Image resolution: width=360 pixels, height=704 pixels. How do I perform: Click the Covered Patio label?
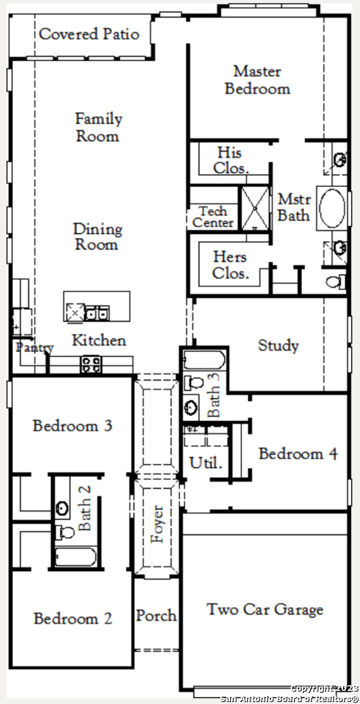(x=89, y=35)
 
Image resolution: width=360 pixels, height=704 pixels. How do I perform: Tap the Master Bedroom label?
(x=257, y=80)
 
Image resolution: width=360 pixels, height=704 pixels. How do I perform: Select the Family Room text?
(x=98, y=127)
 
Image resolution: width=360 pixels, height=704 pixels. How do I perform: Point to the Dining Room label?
(x=98, y=237)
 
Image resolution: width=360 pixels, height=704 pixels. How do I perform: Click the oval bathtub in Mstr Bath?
(x=333, y=209)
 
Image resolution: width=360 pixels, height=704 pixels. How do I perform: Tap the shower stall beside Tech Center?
(x=255, y=209)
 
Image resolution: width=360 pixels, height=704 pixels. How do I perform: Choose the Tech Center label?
(x=213, y=217)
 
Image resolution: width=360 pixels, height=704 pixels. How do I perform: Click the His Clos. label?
(x=231, y=160)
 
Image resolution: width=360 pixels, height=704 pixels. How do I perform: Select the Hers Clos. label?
(x=230, y=265)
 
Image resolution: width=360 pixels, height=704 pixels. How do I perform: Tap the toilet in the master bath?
(x=335, y=282)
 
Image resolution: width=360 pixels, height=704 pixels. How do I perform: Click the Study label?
(x=278, y=345)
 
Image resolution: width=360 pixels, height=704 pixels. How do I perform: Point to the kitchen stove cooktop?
(x=91, y=364)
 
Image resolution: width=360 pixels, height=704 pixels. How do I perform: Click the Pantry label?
(x=35, y=347)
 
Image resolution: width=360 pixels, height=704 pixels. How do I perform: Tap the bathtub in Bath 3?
(x=204, y=360)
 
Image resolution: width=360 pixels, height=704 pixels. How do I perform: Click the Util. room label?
(x=206, y=462)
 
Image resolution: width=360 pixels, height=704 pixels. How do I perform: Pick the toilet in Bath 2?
(x=65, y=533)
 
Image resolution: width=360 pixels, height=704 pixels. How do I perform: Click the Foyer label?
(x=158, y=524)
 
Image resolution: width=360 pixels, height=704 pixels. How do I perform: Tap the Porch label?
(x=157, y=615)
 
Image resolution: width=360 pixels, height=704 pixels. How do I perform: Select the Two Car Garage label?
(x=265, y=609)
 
